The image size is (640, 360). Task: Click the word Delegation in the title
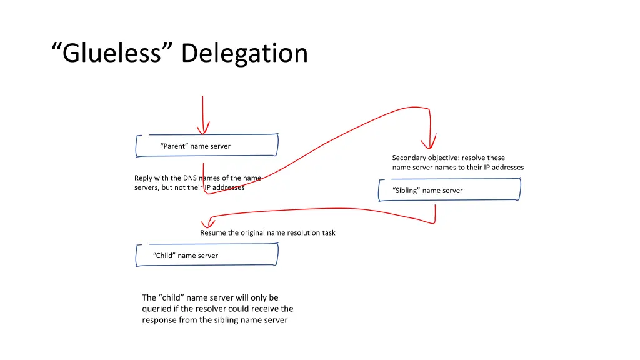244,53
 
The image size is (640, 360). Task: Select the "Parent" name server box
207,146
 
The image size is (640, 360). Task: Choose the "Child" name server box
207,255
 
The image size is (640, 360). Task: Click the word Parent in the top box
174,146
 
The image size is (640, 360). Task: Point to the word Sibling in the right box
406,191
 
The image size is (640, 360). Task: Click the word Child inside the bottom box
164,256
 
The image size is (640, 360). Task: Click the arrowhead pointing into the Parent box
202,131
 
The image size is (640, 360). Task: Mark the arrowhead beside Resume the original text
205,224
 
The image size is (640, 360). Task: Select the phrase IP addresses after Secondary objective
504,167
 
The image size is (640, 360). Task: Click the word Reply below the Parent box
144,178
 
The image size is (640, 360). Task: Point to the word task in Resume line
327,232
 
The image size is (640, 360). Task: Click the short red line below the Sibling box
435,212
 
